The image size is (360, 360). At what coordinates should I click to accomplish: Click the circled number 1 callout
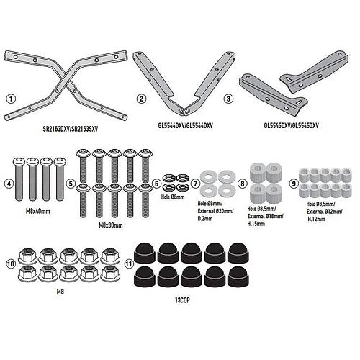pos(11,99)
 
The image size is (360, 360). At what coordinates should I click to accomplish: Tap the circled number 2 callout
pos(141,99)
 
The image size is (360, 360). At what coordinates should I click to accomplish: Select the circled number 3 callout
pos(228,99)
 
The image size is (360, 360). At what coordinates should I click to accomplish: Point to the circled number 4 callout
pos(9,184)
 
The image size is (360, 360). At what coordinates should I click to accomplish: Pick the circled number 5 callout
pos(71,184)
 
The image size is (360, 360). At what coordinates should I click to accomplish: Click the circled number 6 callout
pos(156,184)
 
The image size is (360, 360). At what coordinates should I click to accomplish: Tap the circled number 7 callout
pos(195,184)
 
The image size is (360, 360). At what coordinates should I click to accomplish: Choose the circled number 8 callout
pos(243,184)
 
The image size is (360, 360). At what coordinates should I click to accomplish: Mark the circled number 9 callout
pos(294,184)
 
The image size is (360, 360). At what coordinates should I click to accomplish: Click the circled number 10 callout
pos(12,264)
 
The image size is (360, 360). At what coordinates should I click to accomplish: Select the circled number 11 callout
pos(129,264)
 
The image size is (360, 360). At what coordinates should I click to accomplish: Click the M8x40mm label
pos(38,211)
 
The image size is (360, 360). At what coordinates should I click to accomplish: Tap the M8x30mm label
pos(111,225)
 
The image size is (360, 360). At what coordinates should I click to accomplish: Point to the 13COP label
pos(182,300)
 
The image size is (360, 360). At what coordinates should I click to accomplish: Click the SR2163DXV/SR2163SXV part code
pos(71,129)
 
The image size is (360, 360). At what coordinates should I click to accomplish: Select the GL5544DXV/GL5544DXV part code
pos(184,125)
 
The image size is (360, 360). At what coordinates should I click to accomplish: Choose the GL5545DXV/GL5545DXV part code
pos(291,125)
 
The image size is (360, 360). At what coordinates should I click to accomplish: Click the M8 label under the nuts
pos(60,292)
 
